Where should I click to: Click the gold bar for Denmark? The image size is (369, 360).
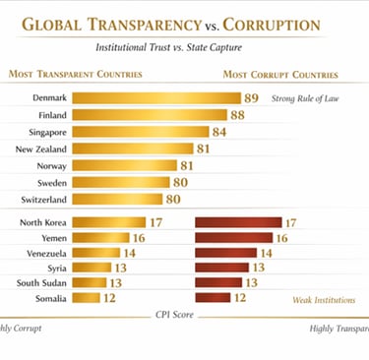click(156, 98)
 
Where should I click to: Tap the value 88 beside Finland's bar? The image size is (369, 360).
click(236, 115)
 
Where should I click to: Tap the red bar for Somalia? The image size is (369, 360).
click(213, 297)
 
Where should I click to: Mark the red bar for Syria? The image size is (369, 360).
click(222, 268)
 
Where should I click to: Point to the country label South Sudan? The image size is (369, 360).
click(40, 282)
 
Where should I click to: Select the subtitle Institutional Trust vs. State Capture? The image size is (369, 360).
click(182, 47)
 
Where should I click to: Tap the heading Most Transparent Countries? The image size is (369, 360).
click(75, 74)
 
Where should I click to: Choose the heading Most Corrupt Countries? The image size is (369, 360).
click(279, 74)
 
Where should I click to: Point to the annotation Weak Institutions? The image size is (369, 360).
click(324, 298)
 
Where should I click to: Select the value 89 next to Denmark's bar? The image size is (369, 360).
click(252, 98)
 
